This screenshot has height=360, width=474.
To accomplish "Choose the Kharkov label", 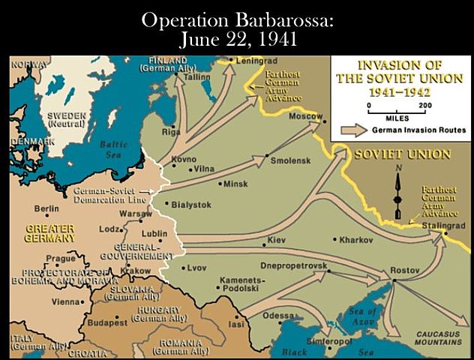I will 356,241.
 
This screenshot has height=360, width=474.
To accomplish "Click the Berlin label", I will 46,208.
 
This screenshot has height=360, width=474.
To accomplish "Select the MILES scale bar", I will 397,109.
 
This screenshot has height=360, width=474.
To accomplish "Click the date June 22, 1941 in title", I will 236,37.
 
